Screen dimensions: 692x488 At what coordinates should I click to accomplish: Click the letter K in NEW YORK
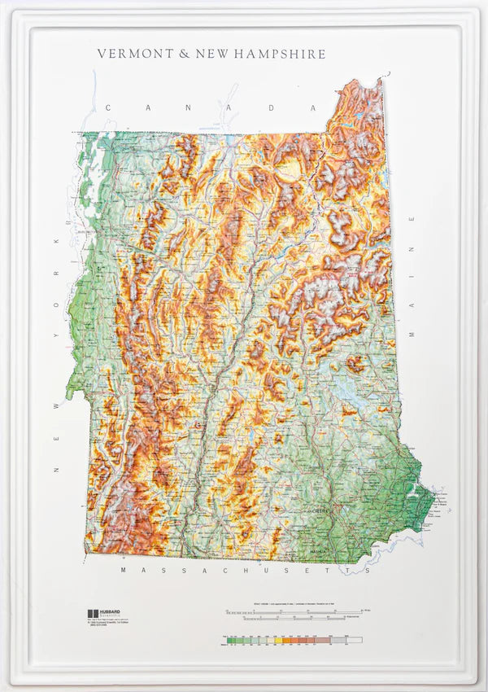[x=57, y=243]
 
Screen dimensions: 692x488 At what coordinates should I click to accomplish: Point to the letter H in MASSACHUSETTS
[x=215, y=571]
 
